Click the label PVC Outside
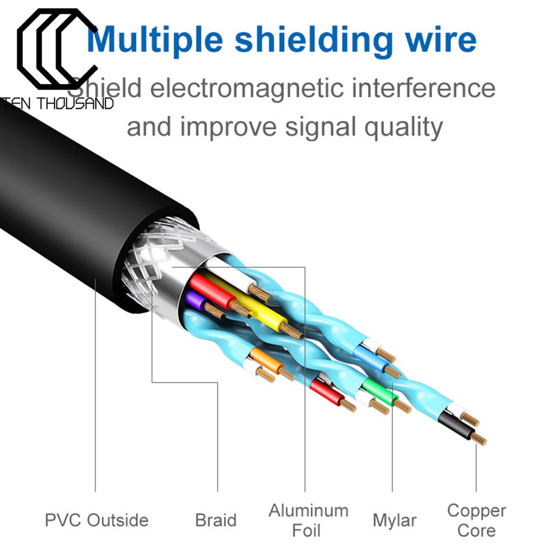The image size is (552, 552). pyautogui.click(x=96, y=520)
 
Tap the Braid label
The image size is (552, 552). pyautogui.click(x=216, y=520)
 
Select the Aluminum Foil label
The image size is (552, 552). pyautogui.click(x=308, y=520)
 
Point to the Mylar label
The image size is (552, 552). pyautogui.click(x=395, y=520)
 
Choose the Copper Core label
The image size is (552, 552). pyautogui.click(x=477, y=520)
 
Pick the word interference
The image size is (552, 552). pyautogui.click(x=423, y=88)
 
